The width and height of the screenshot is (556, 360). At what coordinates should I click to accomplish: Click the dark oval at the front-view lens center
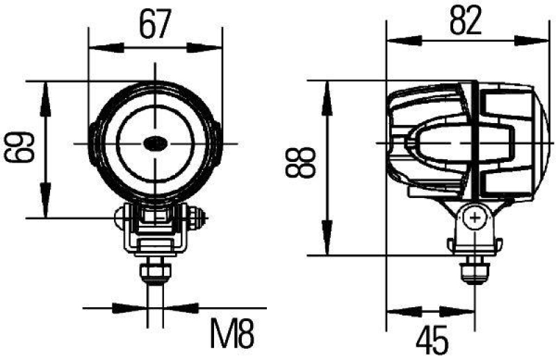154,143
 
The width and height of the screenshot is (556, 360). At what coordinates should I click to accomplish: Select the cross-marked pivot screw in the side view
475,219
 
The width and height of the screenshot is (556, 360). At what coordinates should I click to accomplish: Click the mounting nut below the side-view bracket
475,268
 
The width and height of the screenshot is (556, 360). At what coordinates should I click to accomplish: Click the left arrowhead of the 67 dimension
98,48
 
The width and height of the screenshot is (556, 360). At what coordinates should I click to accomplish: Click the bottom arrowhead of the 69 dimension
47,208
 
